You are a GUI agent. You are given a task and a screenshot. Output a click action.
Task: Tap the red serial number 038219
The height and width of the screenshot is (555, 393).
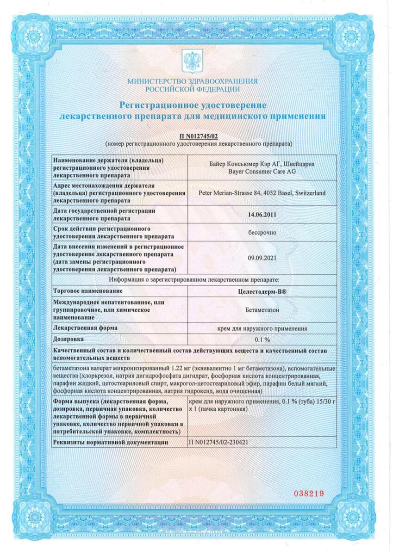tap(309, 493)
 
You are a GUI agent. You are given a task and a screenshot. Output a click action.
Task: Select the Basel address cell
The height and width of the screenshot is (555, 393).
tap(262, 193)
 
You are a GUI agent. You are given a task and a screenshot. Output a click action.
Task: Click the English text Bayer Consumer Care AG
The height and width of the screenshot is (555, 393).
tap(262, 171)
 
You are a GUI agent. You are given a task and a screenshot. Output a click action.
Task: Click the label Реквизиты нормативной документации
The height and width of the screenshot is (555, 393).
tap(111, 442)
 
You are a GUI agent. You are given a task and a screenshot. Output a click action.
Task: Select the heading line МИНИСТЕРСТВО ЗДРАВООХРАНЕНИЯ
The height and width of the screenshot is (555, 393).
tap(193, 82)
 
